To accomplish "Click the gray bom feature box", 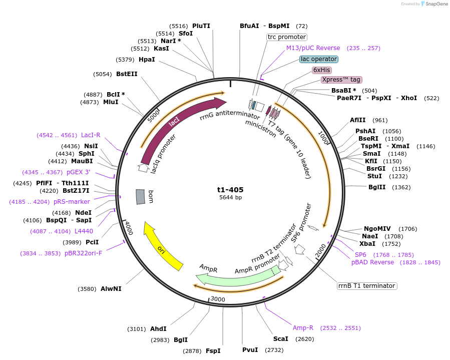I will tap(141, 196).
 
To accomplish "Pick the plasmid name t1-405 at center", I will tap(230, 190).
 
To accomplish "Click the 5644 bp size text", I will tap(230, 198).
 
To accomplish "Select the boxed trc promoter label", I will tap(286, 37).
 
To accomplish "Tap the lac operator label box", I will tap(319, 59).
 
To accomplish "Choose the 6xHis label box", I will tap(321, 70).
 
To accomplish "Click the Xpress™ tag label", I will tap(341, 80).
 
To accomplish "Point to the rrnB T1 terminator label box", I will tap(367, 286).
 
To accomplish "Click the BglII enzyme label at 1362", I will tap(377, 187).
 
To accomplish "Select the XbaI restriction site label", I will tap(367, 243).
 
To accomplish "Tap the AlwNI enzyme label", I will tap(111, 288).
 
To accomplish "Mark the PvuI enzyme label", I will tap(250, 349).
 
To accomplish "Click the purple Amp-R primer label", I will tap(303, 328).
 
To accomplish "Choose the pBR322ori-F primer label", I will tap(83, 253).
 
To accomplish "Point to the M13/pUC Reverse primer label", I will tap(313, 48).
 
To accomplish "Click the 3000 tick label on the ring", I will tap(218, 299).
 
